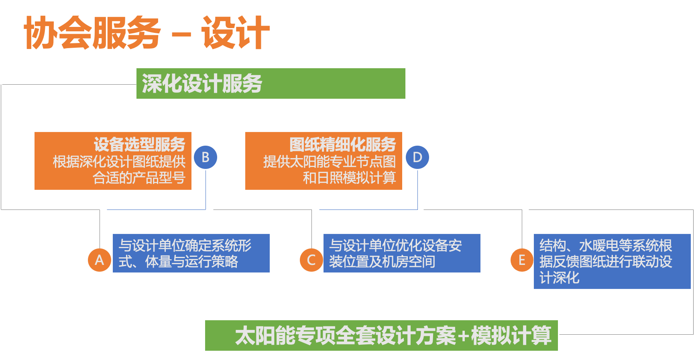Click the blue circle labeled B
pyautogui.click(x=206, y=157)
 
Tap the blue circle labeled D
pyautogui.click(x=417, y=157)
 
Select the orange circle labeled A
pyautogui.click(x=100, y=260)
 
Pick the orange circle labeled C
pyautogui.click(x=311, y=260)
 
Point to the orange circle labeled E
pyautogui.click(x=522, y=260)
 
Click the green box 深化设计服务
pyautogui.click(x=271, y=83)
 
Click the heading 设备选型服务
pyautogui.click(x=139, y=144)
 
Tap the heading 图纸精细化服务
pyautogui.click(x=342, y=144)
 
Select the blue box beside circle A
pyautogui.click(x=191, y=253)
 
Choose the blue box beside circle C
pyautogui.click(x=402, y=253)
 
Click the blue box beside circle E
pyautogui.click(x=612, y=261)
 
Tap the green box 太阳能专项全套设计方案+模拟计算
pyautogui.click(x=381, y=335)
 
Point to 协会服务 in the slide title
pyautogui.click(x=92, y=33)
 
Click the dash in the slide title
pyautogui.click(x=181, y=35)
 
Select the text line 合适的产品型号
pyautogui.click(x=139, y=177)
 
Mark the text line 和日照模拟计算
pyautogui.click(x=349, y=177)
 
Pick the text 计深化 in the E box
pyautogui.click(x=560, y=277)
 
